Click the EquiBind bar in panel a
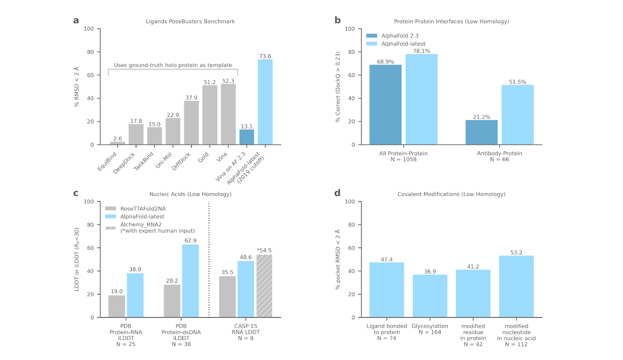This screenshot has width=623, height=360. pyautogui.click(x=117, y=143)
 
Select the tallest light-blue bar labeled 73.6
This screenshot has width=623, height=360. pyautogui.click(x=265, y=102)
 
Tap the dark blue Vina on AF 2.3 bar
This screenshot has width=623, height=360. pyautogui.click(x=247, y=137)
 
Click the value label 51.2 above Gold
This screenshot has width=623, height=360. pyautogui.click(x=210, y=82)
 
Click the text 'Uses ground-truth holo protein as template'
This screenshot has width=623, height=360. pyautogui.click(x=173, y=65)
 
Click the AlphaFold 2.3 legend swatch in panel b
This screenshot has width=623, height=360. pyautogui.click(x=372, y=36)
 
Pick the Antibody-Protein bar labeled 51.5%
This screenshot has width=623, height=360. pyautogui.click(x=517, y=115)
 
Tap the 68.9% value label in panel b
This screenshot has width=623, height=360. pyautogui.click(x=385, y=61)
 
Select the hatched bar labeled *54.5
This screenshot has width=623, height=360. pyautogui.click(x=264, y=286)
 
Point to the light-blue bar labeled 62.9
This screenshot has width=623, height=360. pyautogui.click(x=190, y=281)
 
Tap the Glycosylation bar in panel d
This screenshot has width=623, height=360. pyautogui.click(x=430, y=296)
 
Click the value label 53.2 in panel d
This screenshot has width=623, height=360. pyautogui.click(x=516, y=252)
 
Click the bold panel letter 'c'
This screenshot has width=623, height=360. pyautogui.click(x=76, y=193)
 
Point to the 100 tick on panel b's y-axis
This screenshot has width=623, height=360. pyautogui.click(x=351, y=29)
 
